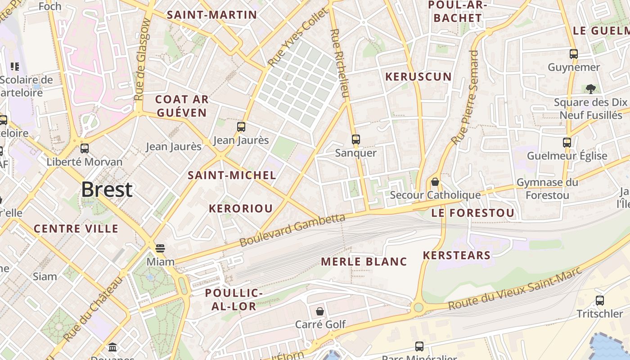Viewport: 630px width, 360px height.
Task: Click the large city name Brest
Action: coord(107,190)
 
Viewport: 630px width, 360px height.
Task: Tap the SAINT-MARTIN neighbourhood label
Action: coord(212,15)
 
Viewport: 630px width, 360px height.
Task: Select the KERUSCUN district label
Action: coord(418,76)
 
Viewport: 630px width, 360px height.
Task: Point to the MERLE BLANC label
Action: coord(364,261)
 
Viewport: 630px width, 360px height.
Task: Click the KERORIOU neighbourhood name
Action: coord(241,208)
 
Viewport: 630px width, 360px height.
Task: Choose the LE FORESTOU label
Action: coord(472,213)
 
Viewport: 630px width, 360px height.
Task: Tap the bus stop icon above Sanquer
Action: coord(356,139)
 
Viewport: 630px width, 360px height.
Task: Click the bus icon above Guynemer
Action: coord(574,54)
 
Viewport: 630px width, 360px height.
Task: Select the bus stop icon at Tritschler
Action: coord(600,301)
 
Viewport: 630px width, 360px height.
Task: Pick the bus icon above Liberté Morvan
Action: coord(84,148)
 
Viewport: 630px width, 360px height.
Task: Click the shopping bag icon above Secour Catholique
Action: coord(435,182)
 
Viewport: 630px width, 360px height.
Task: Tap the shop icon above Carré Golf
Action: coord(320,311)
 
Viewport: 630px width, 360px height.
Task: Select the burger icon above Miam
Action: coord(160,248)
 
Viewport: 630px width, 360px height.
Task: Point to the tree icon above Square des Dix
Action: coord(591,89)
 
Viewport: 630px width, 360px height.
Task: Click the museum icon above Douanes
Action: coord(112,347)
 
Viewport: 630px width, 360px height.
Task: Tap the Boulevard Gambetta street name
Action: coord(292,230)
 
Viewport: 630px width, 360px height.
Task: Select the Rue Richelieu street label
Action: coord(340,63)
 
